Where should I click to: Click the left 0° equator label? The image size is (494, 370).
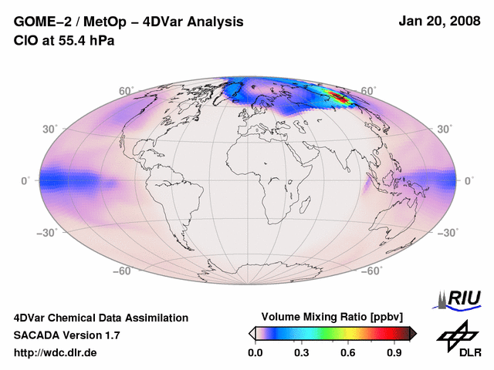click(25, 180)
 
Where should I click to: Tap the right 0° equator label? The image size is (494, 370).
click(469, 180)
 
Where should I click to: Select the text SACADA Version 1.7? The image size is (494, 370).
click(66, 335)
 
